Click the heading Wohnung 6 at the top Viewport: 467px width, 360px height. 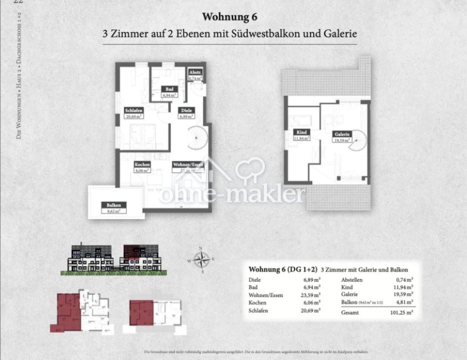230,17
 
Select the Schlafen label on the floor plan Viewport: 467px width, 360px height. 134,110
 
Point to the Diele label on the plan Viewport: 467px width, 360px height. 187,110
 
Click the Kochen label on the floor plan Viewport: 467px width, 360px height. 142,164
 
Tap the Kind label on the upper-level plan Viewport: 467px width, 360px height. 302,132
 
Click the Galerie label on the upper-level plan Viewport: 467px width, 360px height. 342,134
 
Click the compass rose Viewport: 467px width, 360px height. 201,260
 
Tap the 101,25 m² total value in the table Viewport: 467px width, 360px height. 402,312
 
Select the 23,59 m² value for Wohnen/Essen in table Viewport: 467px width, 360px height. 312,295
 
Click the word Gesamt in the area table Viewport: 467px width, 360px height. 350,312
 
